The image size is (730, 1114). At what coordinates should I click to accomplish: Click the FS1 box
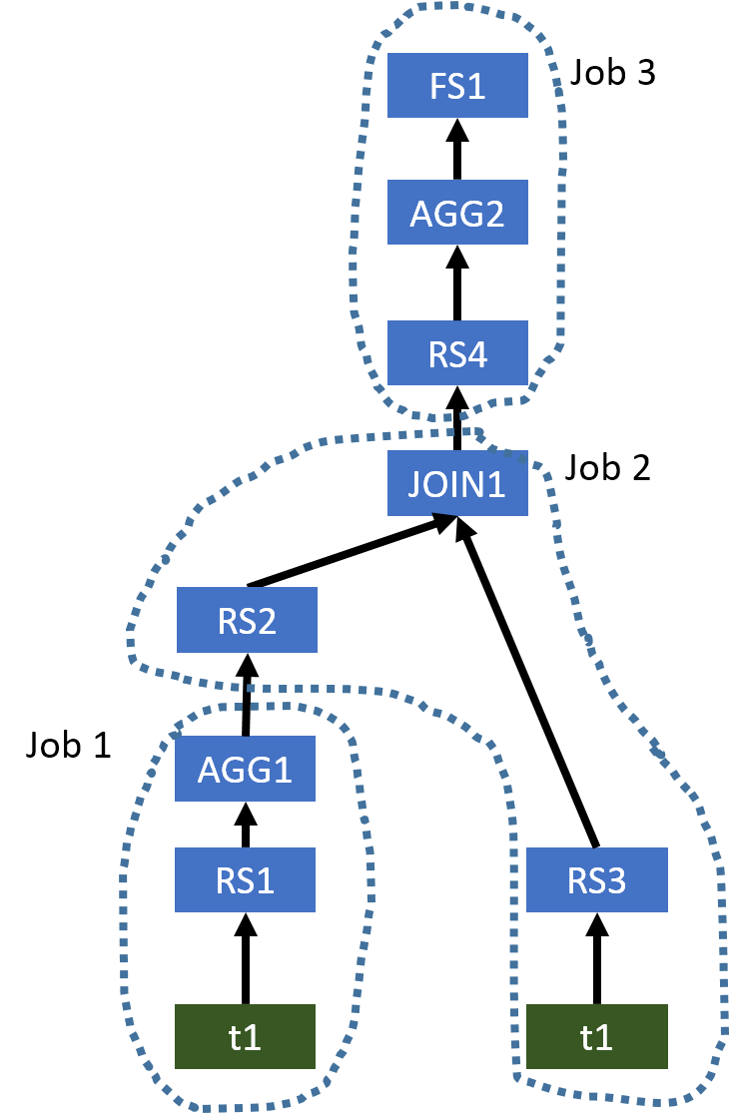[x=457, y=86]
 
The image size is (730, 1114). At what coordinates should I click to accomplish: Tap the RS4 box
[x=457, y=353]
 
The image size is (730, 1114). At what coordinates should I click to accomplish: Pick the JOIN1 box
[x=457, y=484]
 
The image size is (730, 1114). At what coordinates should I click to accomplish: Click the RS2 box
[x=247, y=620]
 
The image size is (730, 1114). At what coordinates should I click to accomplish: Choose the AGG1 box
[x=245, y=769]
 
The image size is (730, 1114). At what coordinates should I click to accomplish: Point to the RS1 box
[x=245, y=880]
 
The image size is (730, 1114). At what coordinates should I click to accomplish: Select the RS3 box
[x=596, y=880]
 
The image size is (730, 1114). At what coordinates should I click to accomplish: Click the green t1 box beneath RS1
[x=245, y=1037]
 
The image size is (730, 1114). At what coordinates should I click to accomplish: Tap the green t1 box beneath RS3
[x=596, y=1037]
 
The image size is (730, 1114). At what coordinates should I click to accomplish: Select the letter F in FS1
[x=437, y=87]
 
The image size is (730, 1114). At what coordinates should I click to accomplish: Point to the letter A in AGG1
[x=209, y=770]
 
